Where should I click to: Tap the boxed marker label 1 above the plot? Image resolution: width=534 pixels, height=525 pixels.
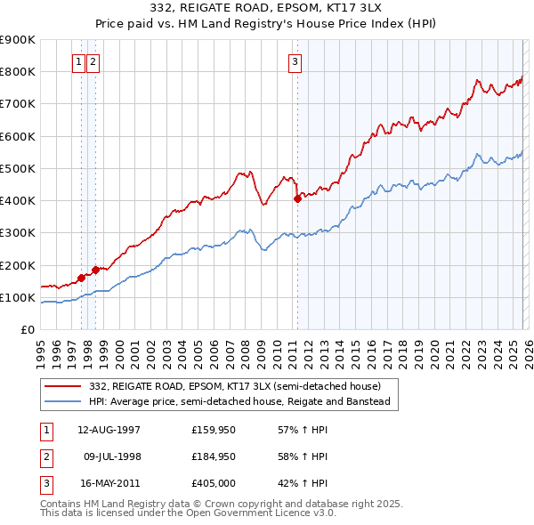[78, 61]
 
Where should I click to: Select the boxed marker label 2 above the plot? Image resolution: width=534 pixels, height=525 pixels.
[93, 61]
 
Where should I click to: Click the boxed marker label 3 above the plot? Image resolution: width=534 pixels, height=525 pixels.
[295, 61]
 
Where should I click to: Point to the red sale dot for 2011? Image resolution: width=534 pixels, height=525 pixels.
[297, 199]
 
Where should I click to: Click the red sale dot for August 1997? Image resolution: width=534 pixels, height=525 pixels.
[81, 278]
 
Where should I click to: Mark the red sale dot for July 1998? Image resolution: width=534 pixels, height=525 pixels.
[95, 270]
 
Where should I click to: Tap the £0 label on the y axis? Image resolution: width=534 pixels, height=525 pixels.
[27, 330]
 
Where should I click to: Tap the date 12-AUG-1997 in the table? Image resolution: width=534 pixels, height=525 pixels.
[109, 429]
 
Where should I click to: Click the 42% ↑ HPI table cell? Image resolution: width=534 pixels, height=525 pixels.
[304, 484]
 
